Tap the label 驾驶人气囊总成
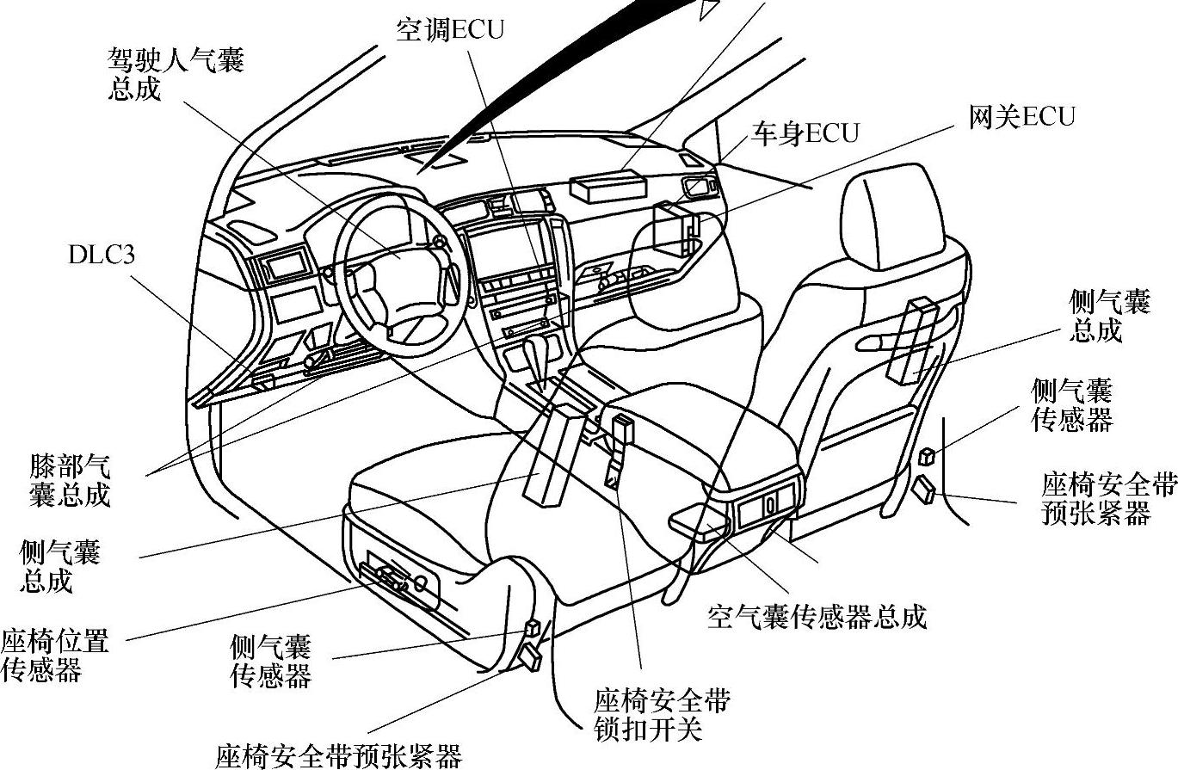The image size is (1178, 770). click(176, 74)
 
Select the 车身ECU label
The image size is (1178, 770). click(805, 134)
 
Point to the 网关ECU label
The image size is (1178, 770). click(1021, 117)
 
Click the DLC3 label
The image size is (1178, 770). click(102, 255)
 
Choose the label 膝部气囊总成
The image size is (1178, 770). click(70, 480)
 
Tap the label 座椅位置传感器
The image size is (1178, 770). click(54, 655)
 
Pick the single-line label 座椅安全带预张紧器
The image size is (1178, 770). click(339, 755)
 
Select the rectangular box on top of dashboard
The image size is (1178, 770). click(608, 185)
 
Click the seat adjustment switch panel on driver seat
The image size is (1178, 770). click(398, 576)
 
